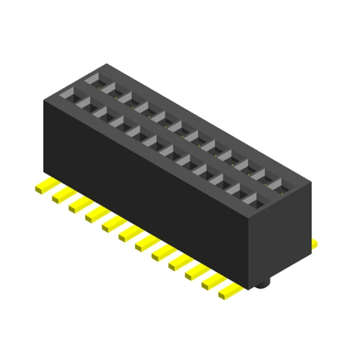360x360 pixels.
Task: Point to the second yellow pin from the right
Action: tap(213, 282)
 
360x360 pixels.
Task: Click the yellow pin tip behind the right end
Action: tap(314, 244)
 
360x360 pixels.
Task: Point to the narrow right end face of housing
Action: tap(281, 235)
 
